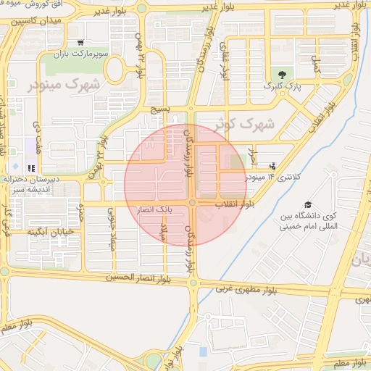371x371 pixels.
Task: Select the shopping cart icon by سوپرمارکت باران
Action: coord(80,43)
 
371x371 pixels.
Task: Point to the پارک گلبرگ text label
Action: coord(283,87)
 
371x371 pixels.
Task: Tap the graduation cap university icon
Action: coord(309,205)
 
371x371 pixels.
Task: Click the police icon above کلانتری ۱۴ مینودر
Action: coord(272,166)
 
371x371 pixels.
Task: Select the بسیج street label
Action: coord(159,110)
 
